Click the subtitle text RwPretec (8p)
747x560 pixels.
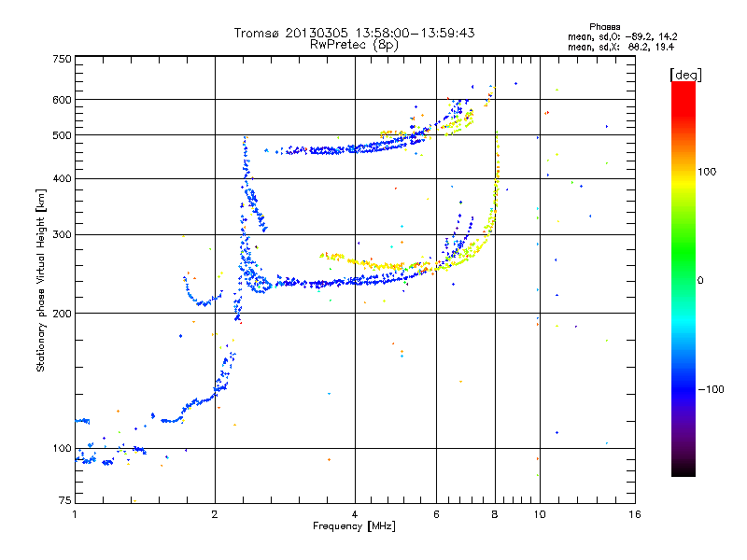point(354,44)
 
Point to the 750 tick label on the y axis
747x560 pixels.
point(62,59)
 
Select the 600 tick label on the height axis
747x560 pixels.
point(62,100)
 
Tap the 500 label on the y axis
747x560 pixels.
point(62,135)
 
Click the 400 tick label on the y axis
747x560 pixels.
point(62,178)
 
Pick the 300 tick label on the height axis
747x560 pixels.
point(62,234)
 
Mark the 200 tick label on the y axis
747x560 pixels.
point(62,313)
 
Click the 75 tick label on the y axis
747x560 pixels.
point(64,503)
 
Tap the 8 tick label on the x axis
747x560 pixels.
point(495,514)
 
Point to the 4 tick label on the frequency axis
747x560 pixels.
point(355,514)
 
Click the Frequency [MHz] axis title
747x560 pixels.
point(354,526)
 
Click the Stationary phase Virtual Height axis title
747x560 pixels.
point(41,280)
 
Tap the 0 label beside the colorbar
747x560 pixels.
point(701,280)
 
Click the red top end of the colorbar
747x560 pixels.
point(683,86)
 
